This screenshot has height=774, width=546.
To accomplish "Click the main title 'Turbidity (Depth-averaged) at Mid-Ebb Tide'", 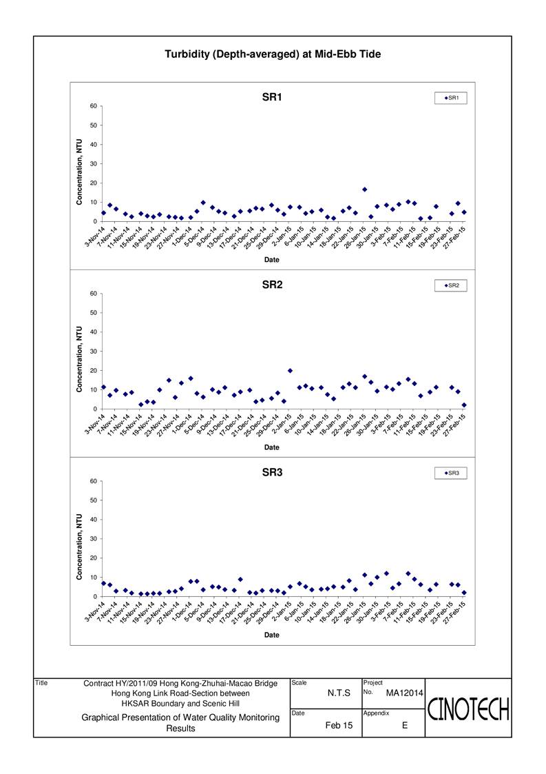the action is pos(273,54).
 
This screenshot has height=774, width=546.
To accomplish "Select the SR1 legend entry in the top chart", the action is pos(451,98).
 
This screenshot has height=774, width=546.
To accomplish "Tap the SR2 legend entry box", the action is pos(451,285).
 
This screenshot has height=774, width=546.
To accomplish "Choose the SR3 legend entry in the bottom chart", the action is pos(451,473).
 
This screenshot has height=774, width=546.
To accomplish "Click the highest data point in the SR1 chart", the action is pos(364,190).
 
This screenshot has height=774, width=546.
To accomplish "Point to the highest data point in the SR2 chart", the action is pos(290,371).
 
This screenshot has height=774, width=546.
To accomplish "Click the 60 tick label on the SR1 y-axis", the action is pos(94,106).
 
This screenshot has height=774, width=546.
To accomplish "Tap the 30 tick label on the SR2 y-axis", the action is pos(94,352).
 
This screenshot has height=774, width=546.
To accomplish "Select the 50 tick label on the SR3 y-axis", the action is pos(94,500).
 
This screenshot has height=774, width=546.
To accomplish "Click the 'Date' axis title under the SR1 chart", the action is pos(272,260).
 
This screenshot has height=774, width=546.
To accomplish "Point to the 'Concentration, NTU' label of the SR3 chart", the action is pos(79,547).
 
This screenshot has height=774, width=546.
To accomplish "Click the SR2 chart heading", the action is pos(272,285).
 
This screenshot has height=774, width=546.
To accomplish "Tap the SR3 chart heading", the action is pos(272,472).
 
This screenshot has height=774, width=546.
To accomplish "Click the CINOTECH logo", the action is pos(468,709).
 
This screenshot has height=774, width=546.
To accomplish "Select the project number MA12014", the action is pos(404,693).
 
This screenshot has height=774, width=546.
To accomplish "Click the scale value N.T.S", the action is pos(339,693).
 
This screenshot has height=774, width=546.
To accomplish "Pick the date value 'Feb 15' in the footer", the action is pos(339,725).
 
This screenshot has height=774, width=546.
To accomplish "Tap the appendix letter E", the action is pos(405,725).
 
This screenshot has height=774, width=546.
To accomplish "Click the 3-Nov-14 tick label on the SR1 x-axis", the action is pos(95,236).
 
